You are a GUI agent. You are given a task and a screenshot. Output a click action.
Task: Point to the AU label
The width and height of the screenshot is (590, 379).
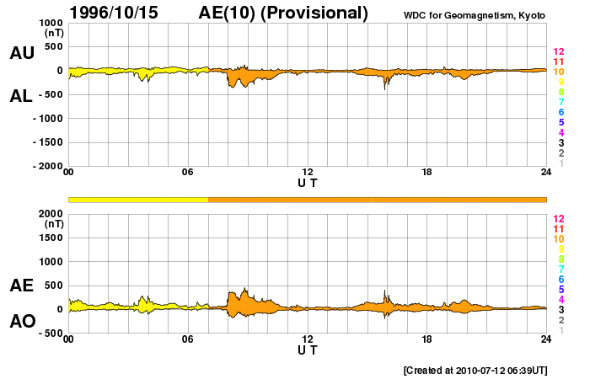point(21,53)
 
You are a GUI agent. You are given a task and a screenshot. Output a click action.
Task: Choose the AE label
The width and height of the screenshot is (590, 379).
point(21,286)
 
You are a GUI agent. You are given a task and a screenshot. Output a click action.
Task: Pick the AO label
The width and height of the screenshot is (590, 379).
point(21,322)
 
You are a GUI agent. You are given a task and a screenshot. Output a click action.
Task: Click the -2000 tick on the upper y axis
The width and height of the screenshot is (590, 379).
point(46,167)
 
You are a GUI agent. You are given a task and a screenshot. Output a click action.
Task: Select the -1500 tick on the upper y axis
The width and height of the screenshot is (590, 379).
point(46,143)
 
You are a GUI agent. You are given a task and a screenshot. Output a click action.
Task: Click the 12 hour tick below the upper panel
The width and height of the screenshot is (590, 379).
point(308,173)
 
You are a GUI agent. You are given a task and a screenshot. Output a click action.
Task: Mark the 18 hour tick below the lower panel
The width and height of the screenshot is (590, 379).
point(427,339)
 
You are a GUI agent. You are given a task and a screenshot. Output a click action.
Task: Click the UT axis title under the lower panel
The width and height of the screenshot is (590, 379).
point(308,350)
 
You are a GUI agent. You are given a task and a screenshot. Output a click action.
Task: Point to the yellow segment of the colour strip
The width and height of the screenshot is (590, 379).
point(138,199)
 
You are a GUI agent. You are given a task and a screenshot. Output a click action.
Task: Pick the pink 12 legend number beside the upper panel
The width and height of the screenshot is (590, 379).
point(557,51)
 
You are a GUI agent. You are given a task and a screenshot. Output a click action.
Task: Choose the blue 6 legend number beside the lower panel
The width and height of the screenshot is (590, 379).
point(560,279)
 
